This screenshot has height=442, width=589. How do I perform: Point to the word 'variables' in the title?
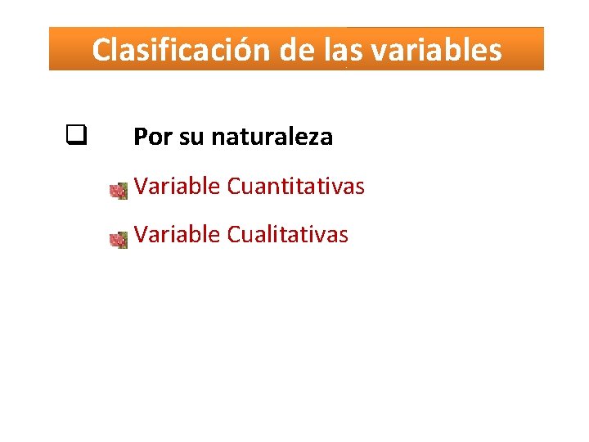click(436, 50)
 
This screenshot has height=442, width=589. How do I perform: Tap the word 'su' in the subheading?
click(191, 138)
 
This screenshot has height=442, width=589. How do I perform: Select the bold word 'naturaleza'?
click(272, 137)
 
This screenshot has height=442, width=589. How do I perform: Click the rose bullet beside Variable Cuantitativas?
click(119, 191)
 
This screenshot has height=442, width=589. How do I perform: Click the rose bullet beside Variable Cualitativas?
click(119, 240)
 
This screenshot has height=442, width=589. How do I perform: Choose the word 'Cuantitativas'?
click(295, 187)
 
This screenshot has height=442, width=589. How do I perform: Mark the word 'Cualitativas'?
click(287, 235)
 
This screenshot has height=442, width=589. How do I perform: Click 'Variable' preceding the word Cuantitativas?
click(178, 187)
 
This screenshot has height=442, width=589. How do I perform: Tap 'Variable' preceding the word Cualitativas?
click(178, 235)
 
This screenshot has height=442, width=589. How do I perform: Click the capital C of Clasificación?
click(101, 50)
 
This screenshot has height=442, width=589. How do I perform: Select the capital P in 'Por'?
click(140, 137)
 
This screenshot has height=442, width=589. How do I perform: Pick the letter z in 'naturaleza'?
click(313, 138)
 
